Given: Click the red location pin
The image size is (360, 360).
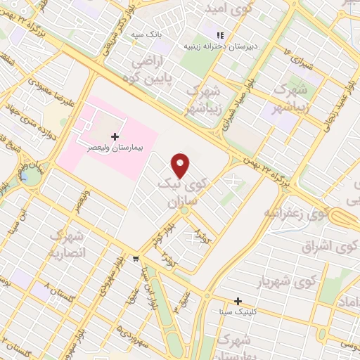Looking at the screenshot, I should pos(181,165).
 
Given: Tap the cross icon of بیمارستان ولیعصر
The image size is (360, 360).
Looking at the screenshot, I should pos(115,135).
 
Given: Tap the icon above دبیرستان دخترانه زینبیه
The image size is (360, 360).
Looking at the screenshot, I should pos(220,34).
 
